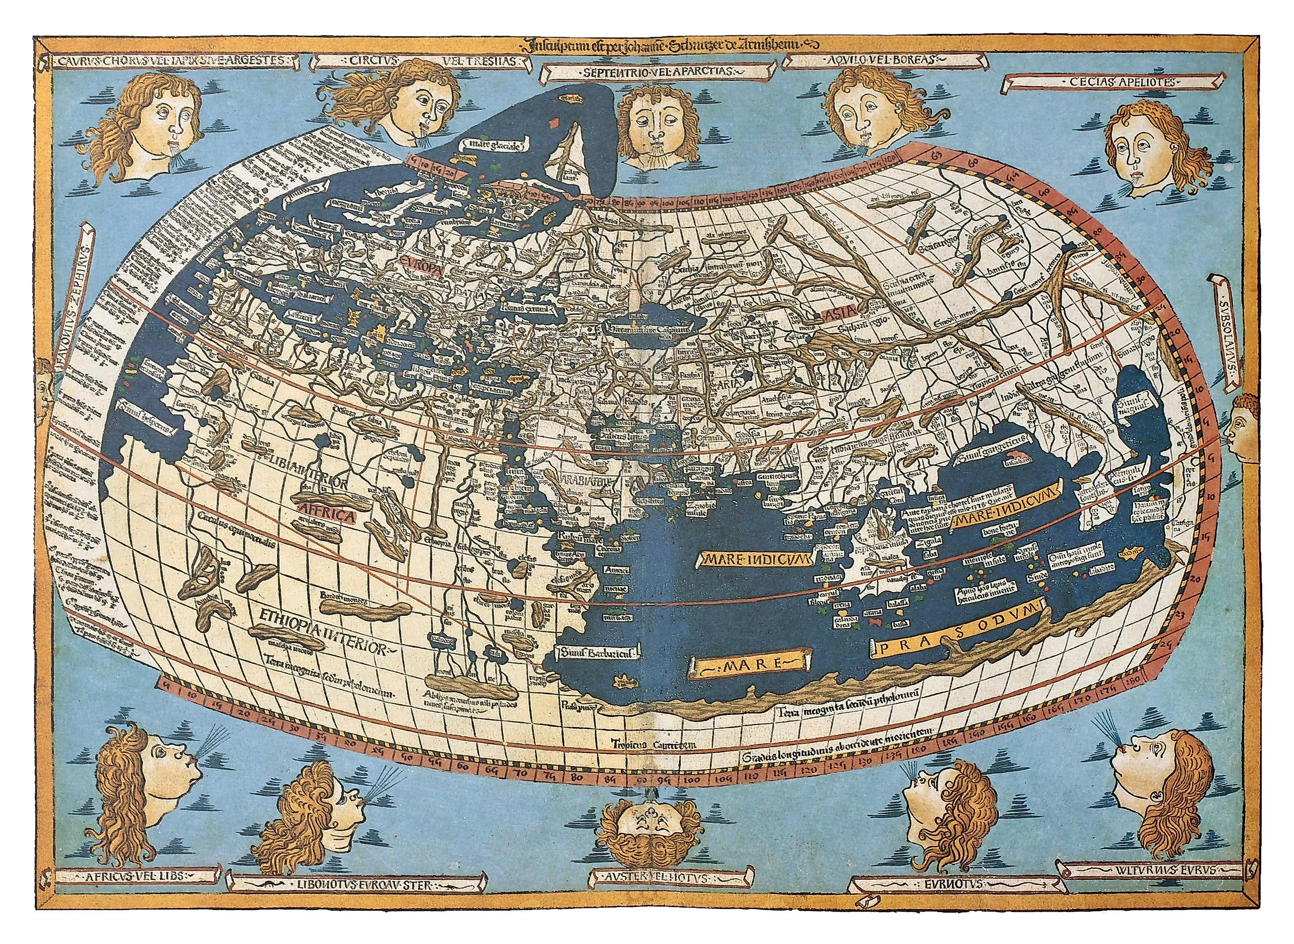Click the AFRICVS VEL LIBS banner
tap(127, 891)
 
